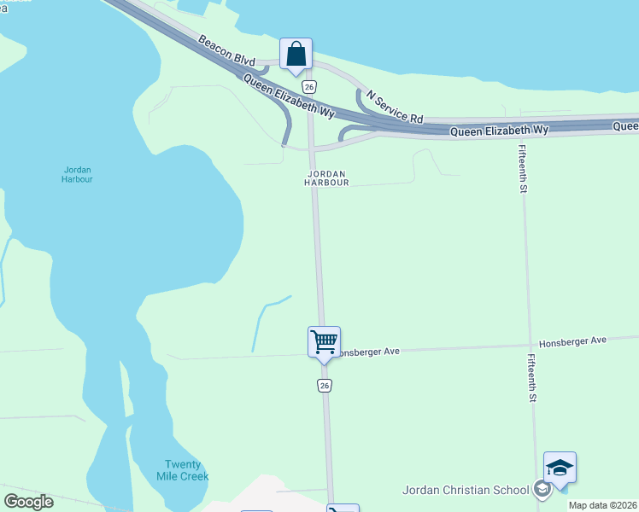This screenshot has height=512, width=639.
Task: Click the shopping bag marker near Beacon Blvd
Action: coord(296,55)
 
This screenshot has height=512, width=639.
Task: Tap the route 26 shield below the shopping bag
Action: coord(309,87)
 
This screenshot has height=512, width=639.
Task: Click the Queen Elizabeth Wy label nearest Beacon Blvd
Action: coord(289,96)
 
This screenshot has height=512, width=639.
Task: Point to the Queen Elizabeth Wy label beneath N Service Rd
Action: coord(499,131)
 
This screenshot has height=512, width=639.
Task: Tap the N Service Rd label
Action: coord(395,107)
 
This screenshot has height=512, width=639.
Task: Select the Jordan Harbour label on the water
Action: coord(77,174)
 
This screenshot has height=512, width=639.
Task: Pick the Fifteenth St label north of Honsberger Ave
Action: coord(521,169)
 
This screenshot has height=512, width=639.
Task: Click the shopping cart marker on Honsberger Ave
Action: coord(325,342)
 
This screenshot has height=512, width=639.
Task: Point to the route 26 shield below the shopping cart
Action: coord(325,385)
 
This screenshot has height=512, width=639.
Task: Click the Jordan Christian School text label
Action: coord(466,490)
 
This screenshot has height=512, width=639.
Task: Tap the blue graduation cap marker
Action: coord(560,468)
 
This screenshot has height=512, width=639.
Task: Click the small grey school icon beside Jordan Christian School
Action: coord(541,489)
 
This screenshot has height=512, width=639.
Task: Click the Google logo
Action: coord(29,502)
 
